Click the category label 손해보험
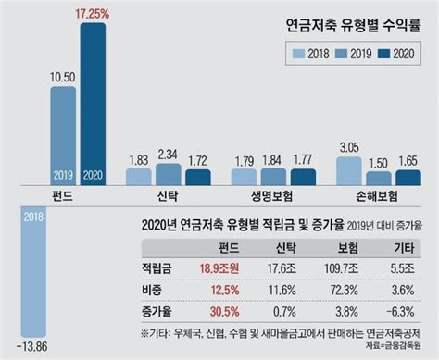coord(379,196)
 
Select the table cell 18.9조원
coord(219,268)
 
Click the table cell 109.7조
coord(342,268)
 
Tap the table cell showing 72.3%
coord(342,290)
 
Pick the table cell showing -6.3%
coord(402,312)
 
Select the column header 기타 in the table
coord(402,247)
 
